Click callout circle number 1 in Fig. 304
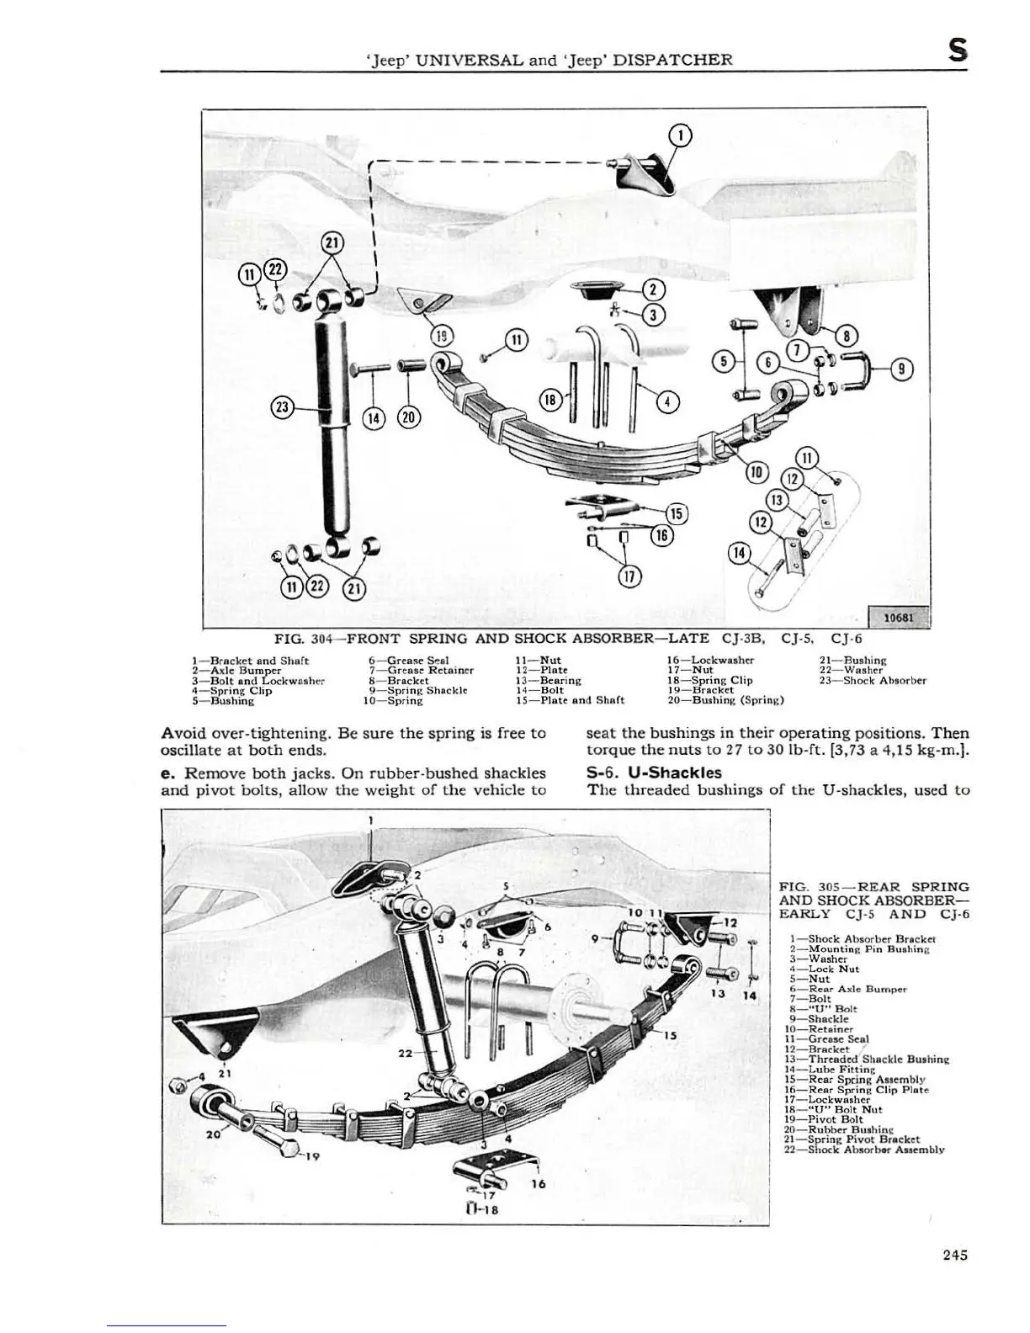681,135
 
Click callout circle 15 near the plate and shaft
677,513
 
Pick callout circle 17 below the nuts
629,576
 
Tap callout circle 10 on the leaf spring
755,472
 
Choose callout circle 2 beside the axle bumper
653,289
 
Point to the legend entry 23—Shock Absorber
873,680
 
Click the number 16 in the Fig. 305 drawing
539,1184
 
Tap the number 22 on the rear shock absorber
406,1053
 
